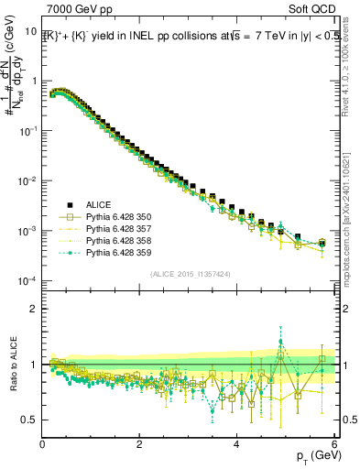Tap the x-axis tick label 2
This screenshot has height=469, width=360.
click(139, 444)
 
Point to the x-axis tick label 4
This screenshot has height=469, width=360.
click(236, 444)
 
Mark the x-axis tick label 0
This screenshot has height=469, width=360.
click(42, 444)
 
